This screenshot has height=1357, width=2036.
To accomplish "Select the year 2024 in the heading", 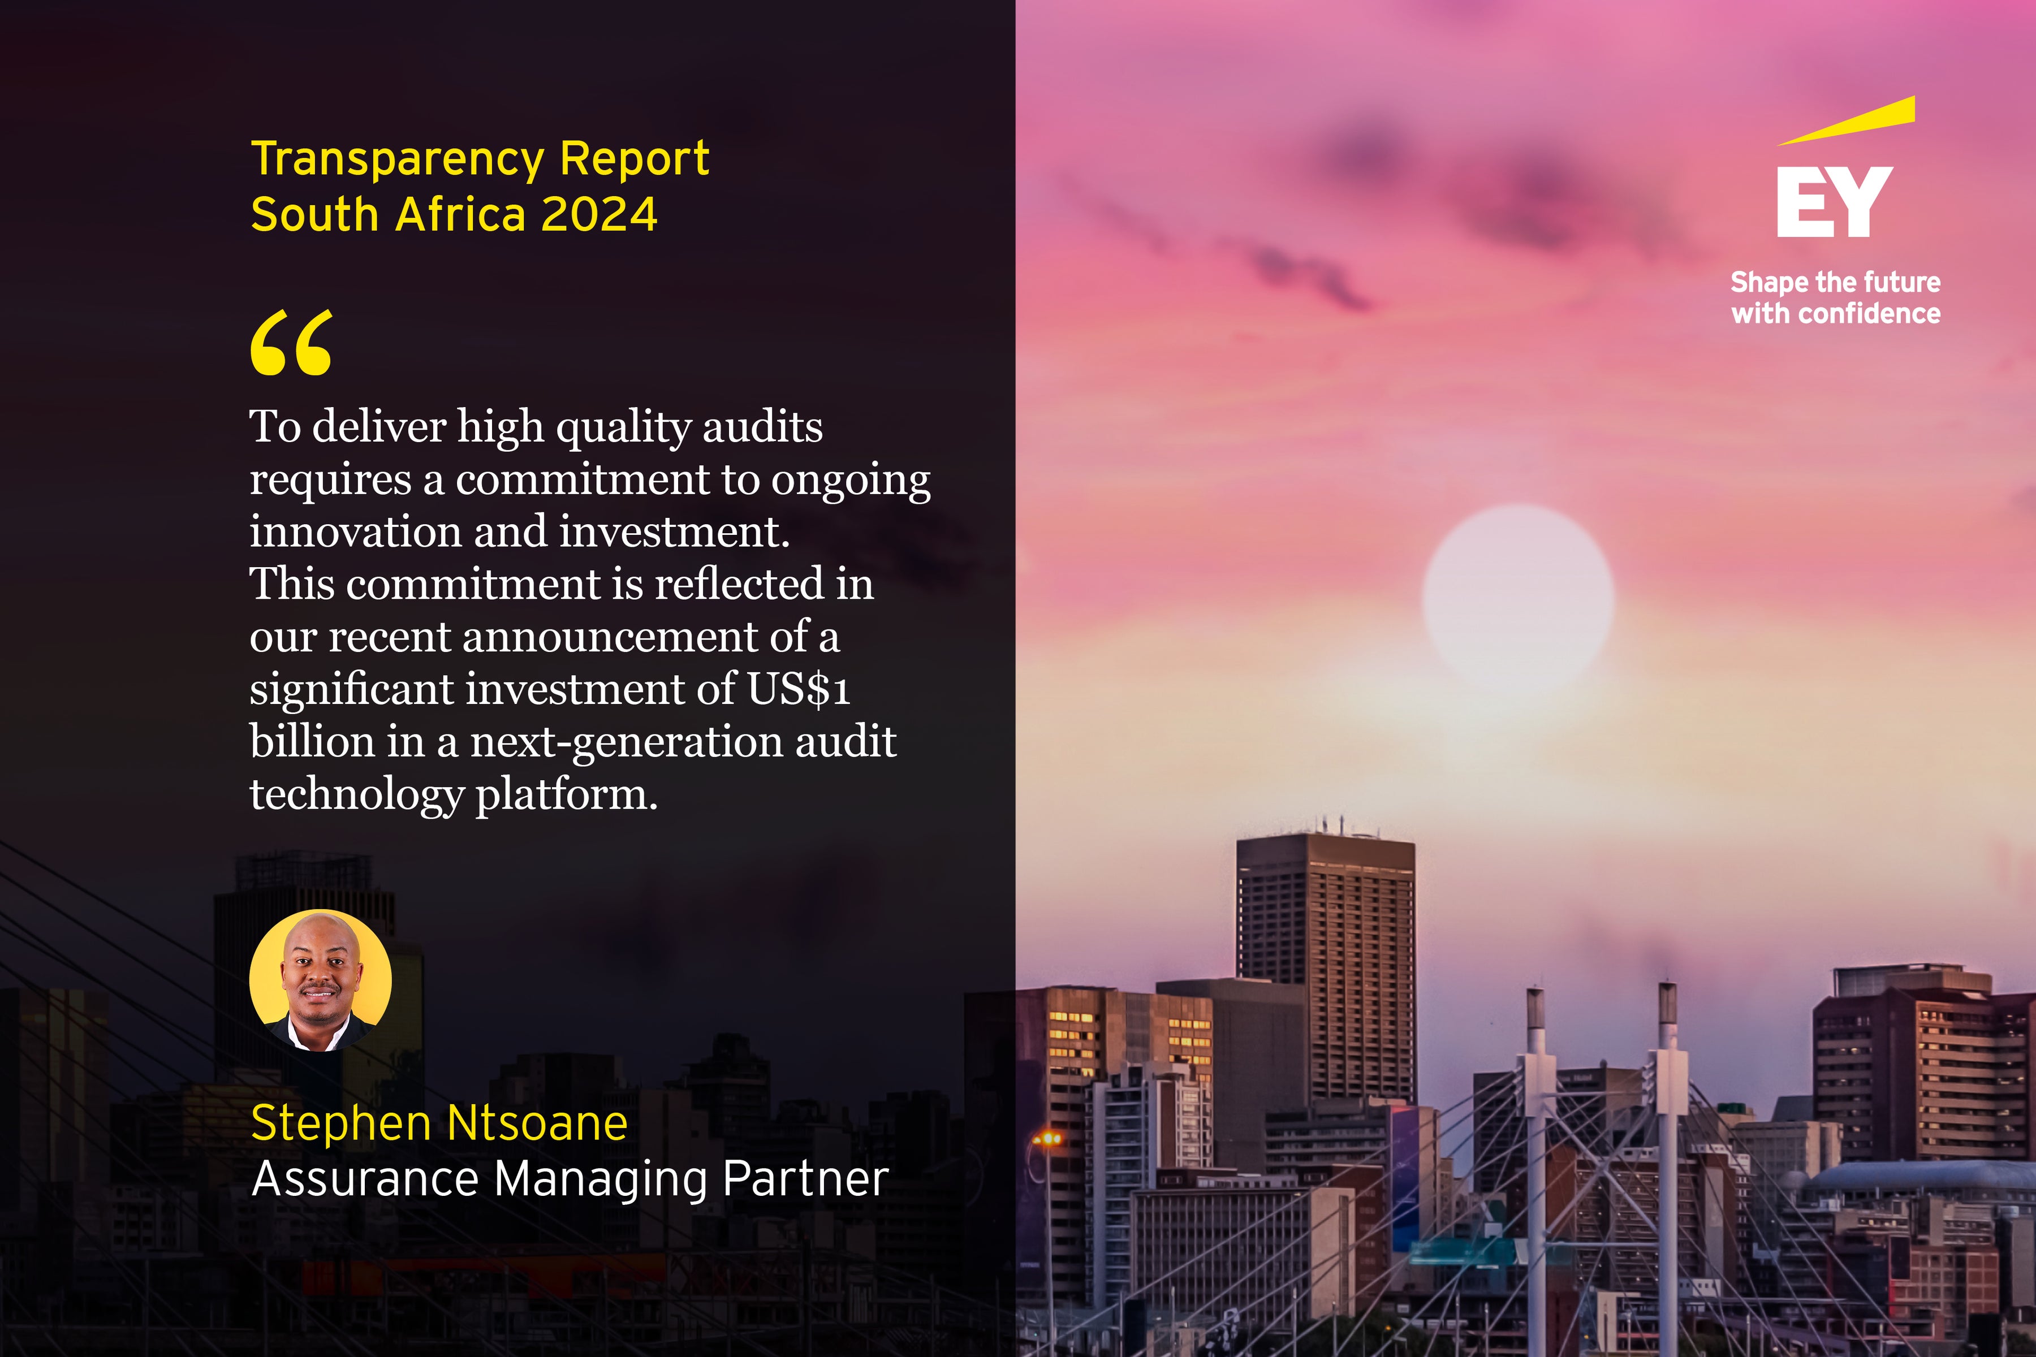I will (x=598, y=215).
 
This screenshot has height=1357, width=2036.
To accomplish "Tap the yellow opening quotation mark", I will (x=291, y=344).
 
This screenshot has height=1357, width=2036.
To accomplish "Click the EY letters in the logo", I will (x=1834, y=202).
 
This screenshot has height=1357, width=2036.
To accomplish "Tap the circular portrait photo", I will (x=320, y=980).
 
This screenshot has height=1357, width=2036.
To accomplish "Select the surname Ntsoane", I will (x=538, y=1123).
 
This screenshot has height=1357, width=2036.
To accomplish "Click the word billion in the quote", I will (x=312, y=742).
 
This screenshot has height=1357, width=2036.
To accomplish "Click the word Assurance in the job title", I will (x=364, y=1179).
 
